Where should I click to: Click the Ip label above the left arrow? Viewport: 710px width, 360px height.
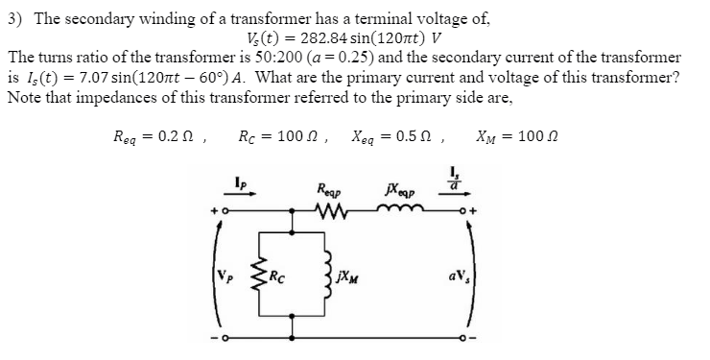coord(239,180)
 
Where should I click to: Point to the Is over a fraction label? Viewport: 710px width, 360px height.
coord(467,180)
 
